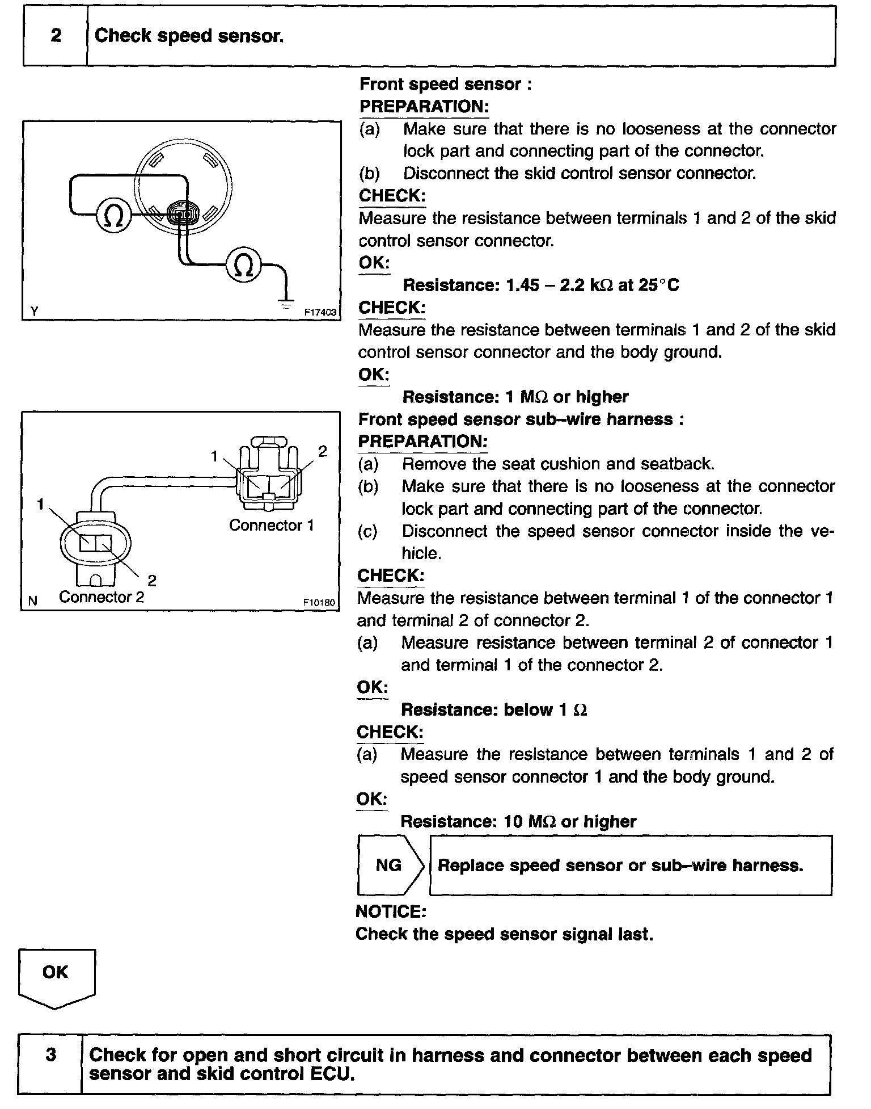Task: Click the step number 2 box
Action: (56, 36)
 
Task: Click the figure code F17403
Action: (320, 312)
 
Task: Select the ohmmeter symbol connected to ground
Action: (243, 264)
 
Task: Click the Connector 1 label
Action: (271, 526)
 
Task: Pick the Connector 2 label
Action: (102, 597)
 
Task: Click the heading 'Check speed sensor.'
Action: (189, 36)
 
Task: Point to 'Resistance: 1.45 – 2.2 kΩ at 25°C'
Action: (540, 285)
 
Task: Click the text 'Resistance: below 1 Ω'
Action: (493, 710)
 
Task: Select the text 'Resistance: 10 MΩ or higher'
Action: (518, 821)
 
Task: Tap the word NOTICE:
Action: (390, 911)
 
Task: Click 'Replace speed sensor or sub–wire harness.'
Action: (620, 866)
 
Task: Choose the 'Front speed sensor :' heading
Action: (446, 85)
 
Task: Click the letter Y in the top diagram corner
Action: (35, 311)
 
